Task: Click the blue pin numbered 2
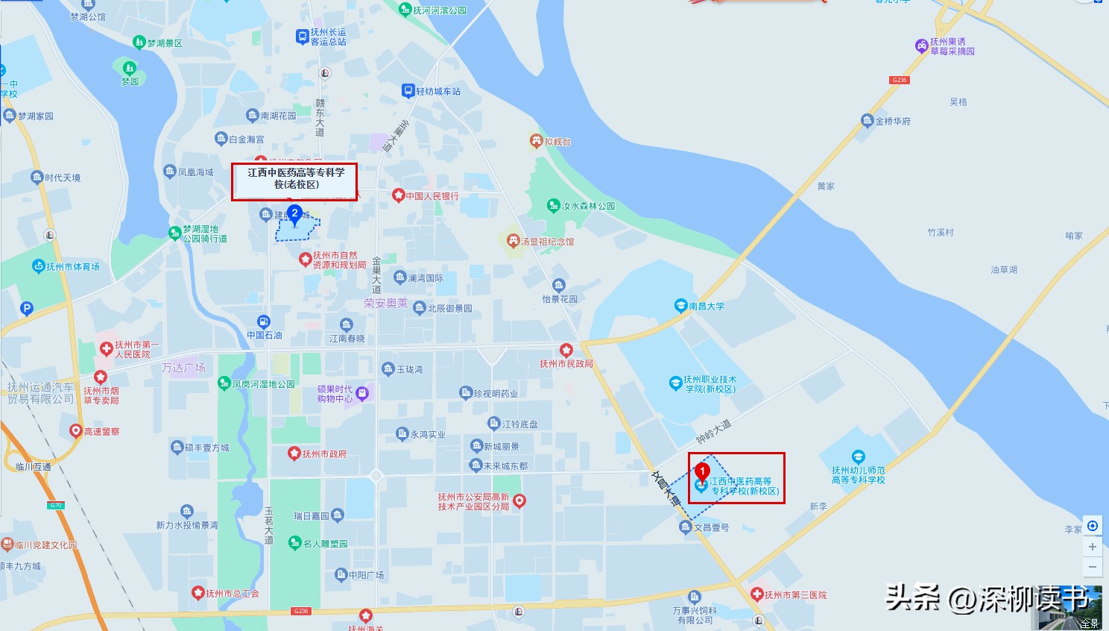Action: [x=294, y=215]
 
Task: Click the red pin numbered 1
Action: [x=701, y=472]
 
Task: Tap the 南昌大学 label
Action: [x=706, y=306]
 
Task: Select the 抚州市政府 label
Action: [x=324, y=453]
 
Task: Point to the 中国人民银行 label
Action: [x=432, y=196]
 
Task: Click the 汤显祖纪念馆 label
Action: [x=547, y=242]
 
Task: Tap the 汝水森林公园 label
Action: [x=588, y=206]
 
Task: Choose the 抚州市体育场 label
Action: [x=72, y=266]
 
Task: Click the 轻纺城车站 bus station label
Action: [x=437, y=91]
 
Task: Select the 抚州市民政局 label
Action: [x=566, y=363]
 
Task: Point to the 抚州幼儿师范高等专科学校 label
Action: [x=859, y=474]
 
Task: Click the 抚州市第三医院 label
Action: [x=795, y=594]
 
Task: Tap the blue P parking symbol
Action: [x=27, y=308]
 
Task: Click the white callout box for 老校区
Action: [x=294, y=181]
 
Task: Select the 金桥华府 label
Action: [x=892, y=121]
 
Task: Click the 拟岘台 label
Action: [x=557, y=141]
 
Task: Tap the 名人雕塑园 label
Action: [x=325, y=543]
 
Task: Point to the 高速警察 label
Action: [x=101, y=431]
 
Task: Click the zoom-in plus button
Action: [x=1093, y=547]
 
